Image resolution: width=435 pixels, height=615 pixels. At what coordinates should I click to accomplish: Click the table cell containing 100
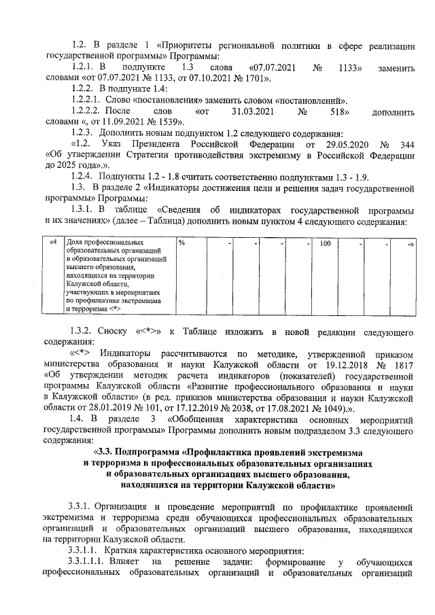(325, 243)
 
